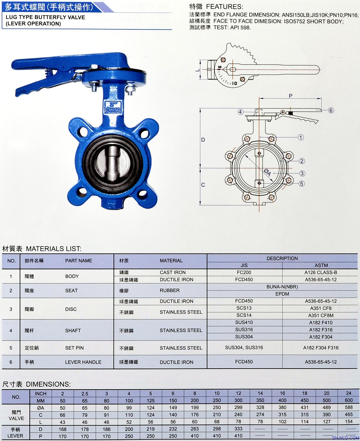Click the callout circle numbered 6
331,110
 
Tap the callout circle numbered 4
240,112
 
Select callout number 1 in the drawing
301,137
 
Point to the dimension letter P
290,96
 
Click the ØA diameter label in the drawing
267,173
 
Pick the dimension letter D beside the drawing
203,140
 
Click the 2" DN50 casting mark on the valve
113,107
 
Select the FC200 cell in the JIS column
244,273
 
